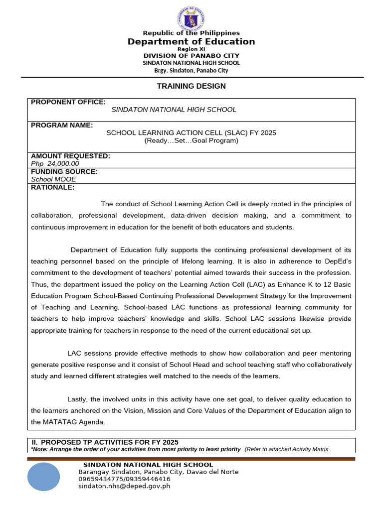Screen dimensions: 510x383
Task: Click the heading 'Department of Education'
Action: tap(191, 42)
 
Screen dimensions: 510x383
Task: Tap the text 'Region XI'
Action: tap(191, 49)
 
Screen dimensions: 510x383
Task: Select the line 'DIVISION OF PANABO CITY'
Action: tap(191, 56)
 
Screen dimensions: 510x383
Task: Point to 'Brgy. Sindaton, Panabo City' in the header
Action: tap(191, 70)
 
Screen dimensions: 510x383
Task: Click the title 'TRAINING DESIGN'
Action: tap(191, 86)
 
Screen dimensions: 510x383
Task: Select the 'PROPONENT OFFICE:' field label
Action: tap(68, 102)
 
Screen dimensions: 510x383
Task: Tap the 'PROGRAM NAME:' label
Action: tap(62, 126)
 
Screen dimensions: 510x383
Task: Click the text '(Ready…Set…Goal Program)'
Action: tap(191, 140)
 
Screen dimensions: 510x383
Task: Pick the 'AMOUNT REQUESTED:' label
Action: tap(70, 156)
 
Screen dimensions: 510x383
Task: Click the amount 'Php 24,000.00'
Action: tap(55, 163)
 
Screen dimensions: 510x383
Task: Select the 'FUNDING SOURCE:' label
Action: tap(64, 172)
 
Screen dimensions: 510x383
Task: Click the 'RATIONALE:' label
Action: tap(52, 187)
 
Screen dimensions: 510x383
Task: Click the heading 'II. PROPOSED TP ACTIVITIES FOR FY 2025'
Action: tap(105, 442)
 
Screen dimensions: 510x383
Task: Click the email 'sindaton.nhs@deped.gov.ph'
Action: tap(124, 486)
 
